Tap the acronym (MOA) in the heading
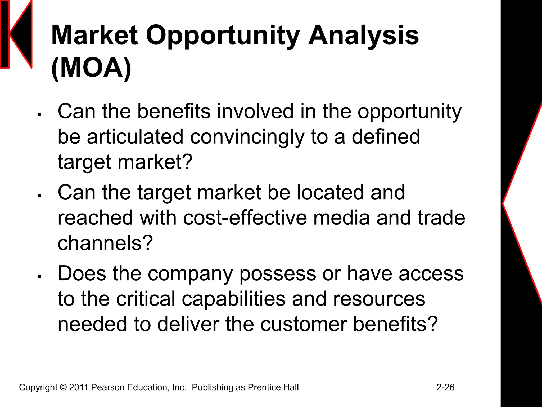click(91, 68)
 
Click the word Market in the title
click(94, 35)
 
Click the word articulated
click(135, 137)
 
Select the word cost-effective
click(245, 218)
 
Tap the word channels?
click(105, 243)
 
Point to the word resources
click(379, 299)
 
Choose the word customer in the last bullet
click(304, 324)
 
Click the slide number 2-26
click(445, 387)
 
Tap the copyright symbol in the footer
click(63, 387)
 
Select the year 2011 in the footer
click(79, 387)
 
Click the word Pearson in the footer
click(108, 387)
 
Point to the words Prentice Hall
click(273, 387)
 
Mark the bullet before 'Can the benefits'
click(39, 115)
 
